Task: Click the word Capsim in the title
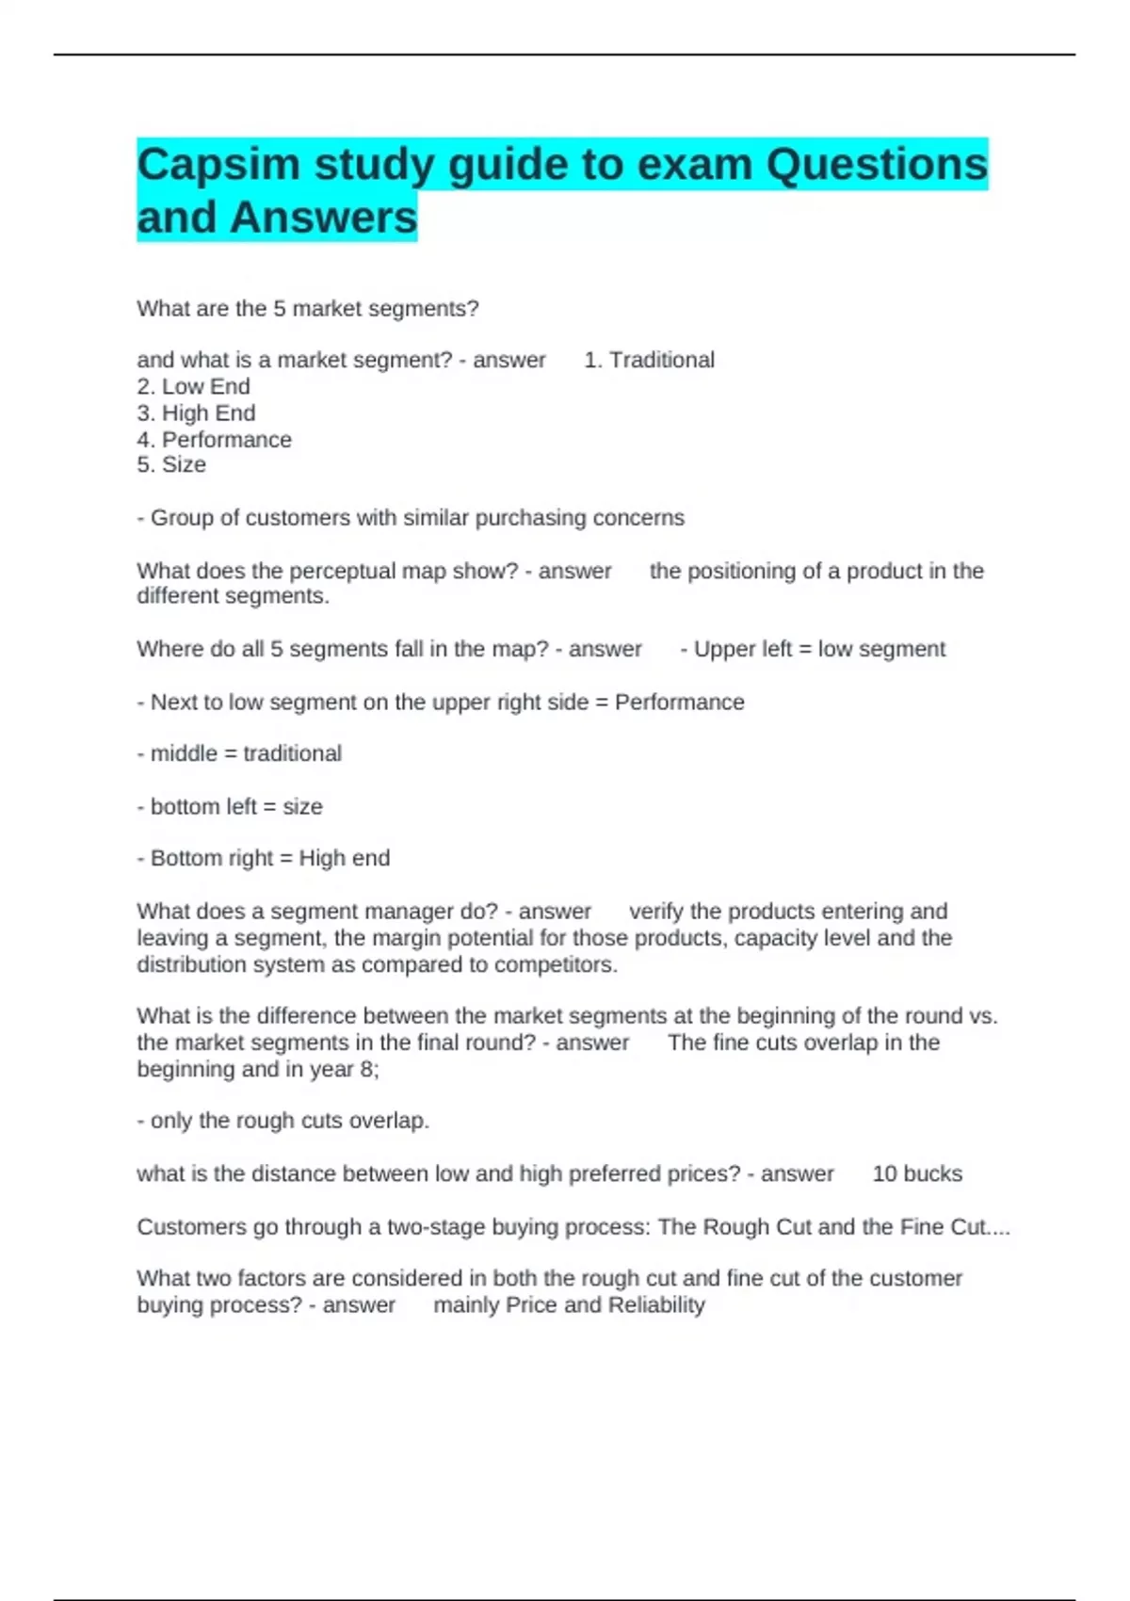tap(218, 166)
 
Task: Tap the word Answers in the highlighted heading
tap(322, 218)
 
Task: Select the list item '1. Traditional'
tap(649, 360)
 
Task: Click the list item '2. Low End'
tap(193, 386)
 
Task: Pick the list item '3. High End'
tap(196, 412)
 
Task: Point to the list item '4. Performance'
tap(214, 439)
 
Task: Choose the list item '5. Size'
tap(171, 464)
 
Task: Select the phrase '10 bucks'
tap(917, 1173)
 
